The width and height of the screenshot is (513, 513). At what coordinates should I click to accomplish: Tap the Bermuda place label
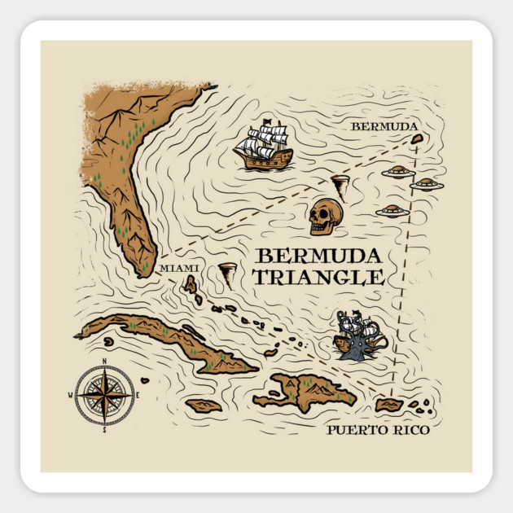click(384, 127)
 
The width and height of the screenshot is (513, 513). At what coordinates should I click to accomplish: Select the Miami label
click(179, 268)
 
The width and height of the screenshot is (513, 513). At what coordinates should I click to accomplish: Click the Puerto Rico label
click(378, 429)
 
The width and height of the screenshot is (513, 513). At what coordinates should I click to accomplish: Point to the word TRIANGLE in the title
click(318, 277)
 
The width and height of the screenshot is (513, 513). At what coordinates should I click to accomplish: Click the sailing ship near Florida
click(263, 147)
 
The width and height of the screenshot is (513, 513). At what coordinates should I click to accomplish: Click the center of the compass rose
click(105, 395)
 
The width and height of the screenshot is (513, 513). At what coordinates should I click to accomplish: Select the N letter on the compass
click(105, 361)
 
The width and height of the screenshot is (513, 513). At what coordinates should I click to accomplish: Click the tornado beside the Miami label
click(227, 275)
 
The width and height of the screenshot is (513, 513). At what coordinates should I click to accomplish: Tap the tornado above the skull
click(340, 182)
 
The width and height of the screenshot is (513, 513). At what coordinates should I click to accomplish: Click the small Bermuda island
click(417, 139)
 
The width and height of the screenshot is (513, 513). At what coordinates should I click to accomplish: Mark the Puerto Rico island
click(389, 404)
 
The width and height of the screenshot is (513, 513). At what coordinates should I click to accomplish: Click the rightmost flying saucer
click(427, 184)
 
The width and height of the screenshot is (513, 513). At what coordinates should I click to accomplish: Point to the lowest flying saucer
click(393, 211)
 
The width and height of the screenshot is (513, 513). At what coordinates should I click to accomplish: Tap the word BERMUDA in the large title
click(316, 255)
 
